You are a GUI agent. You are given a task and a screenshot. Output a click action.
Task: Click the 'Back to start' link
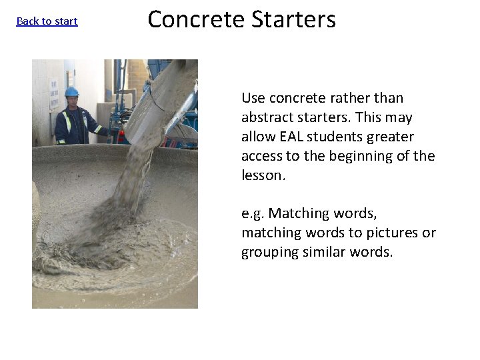click(x=47, y=21)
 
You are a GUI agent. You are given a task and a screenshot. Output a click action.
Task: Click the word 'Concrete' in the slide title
click(x=197, y=19)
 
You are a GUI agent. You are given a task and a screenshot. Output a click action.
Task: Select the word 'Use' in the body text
click(x=253, y=98)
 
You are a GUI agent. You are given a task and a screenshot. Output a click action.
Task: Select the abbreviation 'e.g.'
click(x=253, y=214)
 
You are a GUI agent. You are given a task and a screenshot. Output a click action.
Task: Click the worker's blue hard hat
click(x=72, y=91)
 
